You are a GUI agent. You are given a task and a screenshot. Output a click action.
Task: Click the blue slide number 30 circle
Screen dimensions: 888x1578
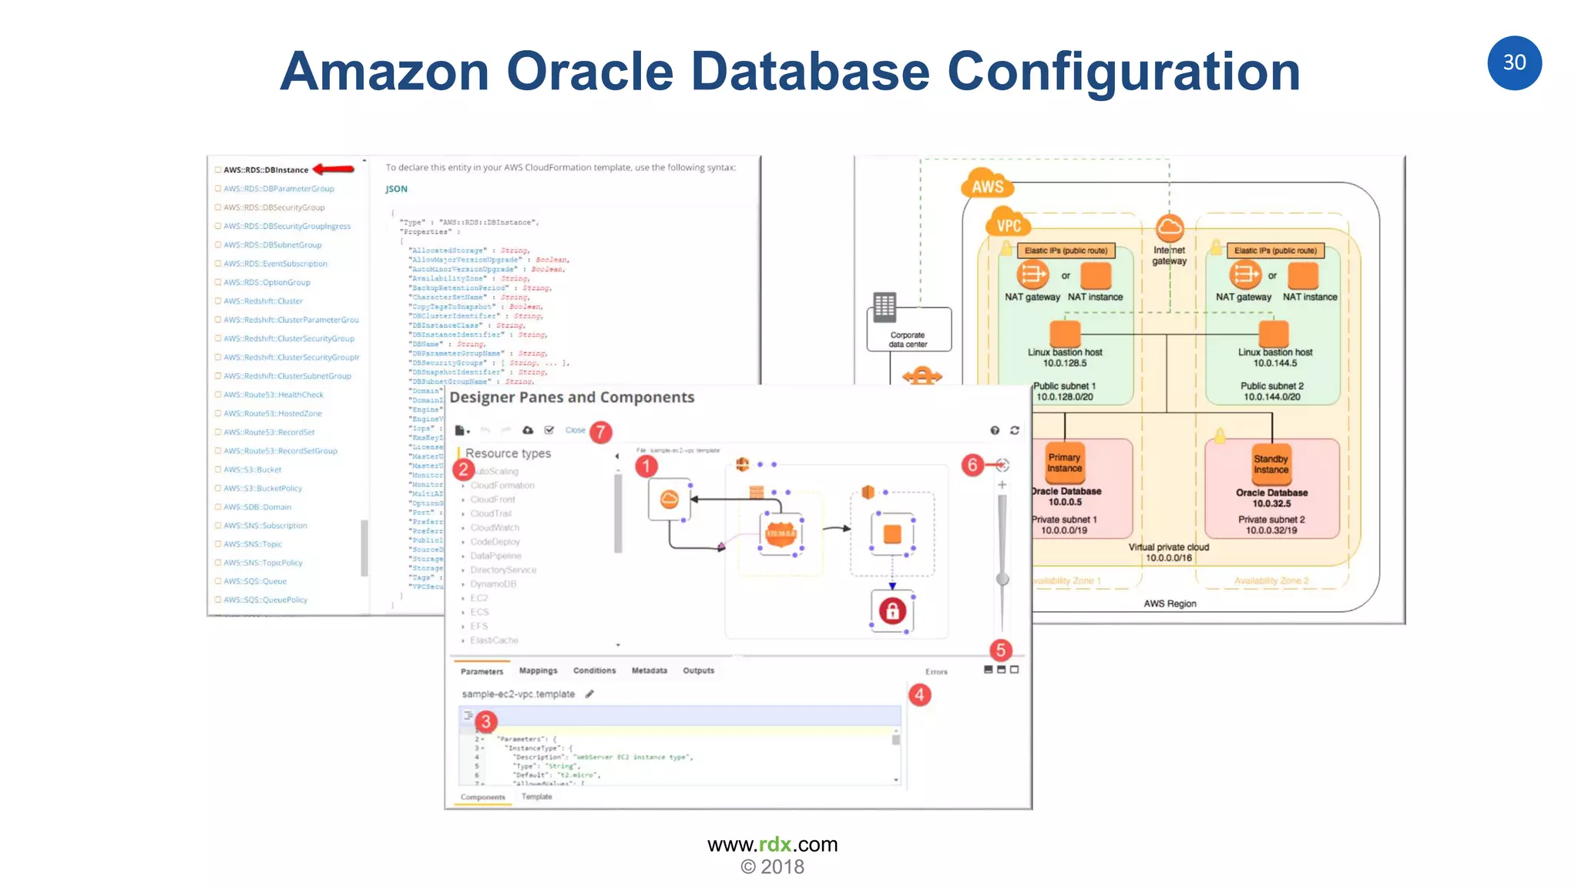point(1513,62)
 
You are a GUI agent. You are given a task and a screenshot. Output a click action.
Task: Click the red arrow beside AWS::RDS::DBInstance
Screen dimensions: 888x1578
point(334,169)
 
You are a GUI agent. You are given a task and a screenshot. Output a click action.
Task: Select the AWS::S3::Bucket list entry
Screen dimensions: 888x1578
point(252,469)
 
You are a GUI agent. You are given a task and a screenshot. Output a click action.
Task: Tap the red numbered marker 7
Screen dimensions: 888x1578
point(600,432)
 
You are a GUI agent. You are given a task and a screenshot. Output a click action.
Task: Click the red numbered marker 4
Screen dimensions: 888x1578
point(919,695)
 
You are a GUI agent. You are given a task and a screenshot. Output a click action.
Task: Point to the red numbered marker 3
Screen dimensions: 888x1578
point(485,721)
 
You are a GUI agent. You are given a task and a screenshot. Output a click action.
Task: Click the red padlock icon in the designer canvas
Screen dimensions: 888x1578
point(892,611)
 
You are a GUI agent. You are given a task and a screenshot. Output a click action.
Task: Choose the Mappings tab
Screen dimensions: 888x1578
point(538,671)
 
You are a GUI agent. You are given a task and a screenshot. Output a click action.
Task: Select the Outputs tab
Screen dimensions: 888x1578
point(698,671)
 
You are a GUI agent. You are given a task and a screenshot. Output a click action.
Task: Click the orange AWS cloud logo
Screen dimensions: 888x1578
point(987,185)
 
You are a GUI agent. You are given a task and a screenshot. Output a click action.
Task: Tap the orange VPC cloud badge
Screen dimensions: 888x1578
point(1008,225)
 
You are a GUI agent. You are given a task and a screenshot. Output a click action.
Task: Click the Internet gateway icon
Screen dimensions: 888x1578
point(1170,228)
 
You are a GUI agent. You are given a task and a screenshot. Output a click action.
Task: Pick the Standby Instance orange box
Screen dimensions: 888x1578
point(1271,463)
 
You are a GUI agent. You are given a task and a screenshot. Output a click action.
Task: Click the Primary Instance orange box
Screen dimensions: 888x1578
point(1064,462)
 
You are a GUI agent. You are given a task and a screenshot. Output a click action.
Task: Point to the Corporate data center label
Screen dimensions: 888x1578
point(908,340)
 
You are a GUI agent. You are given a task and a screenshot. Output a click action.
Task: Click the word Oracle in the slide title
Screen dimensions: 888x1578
point(589,71)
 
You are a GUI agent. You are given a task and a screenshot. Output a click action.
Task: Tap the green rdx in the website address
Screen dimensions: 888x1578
point(775,845)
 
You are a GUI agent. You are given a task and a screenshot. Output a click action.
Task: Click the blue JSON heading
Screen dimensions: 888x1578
point(396,189)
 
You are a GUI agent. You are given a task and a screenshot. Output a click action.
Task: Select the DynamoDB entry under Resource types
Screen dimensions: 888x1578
point(493,584)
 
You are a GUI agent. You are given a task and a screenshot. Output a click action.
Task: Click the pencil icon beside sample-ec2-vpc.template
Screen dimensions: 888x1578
point(589,694)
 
